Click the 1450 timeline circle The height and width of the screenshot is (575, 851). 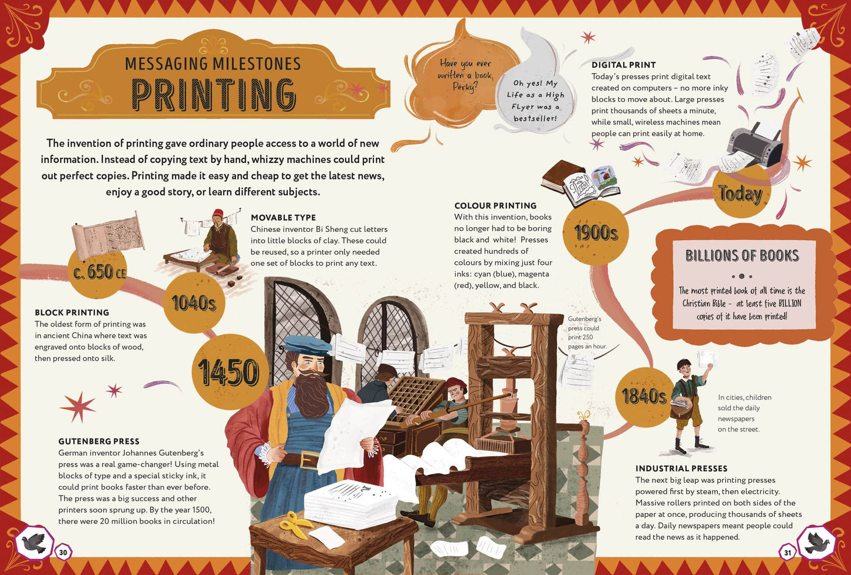coord(229,372)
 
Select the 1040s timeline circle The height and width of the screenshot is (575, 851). coord(194,303)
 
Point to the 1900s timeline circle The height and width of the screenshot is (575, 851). coord(595,232)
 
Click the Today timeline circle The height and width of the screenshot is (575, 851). coord(740,193)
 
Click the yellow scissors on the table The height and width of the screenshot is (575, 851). coord(295,524)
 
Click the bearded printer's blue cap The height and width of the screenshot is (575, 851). coord(306,344)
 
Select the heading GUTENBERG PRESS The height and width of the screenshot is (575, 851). coord(99,441)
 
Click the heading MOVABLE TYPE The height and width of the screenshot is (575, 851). coord(283,218)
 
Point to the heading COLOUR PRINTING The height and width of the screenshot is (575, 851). coord(495,206)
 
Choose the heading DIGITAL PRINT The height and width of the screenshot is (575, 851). coord(624,65)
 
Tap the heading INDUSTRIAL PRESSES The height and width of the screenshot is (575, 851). coord(681,468)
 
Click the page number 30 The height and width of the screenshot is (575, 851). coord(63,552)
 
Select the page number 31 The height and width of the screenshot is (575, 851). coord(787,553)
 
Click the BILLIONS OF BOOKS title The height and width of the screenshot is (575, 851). coord(742,255)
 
